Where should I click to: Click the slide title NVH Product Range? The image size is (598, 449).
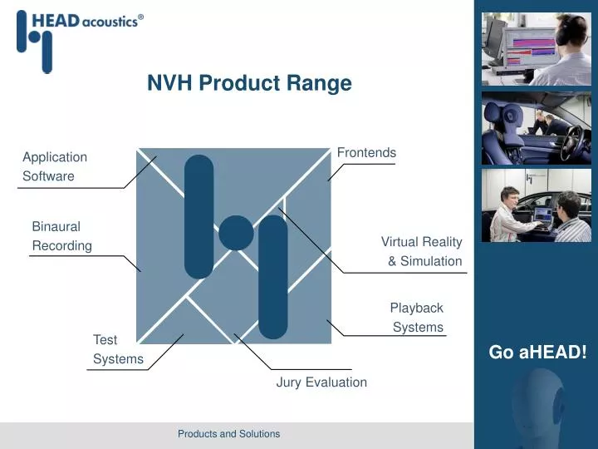tap(249, 83)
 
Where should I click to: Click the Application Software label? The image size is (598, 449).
tap(54, 166)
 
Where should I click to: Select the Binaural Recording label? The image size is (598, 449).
tap(61, 235)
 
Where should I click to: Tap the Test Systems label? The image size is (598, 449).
tap(117, 349)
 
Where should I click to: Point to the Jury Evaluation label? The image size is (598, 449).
tap(321, 382)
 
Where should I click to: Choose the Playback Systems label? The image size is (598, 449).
tap(417, 317)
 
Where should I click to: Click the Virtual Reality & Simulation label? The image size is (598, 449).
tap(422, 251)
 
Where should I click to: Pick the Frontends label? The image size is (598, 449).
tap(366, 153)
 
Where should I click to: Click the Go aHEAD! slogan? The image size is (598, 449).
tap(537, 352)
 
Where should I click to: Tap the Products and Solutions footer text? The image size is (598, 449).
tap(228, 434)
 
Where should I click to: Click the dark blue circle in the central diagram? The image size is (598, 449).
tap(236, 233)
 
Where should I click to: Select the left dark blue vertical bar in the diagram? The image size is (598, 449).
tap(199, 216)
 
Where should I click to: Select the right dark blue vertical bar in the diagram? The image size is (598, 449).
tap(272, 277)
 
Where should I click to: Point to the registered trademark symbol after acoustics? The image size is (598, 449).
tap(140, 16)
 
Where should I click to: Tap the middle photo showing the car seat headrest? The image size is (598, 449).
tap(537, 127)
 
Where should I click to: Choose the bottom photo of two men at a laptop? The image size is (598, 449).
tap(537, 205)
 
